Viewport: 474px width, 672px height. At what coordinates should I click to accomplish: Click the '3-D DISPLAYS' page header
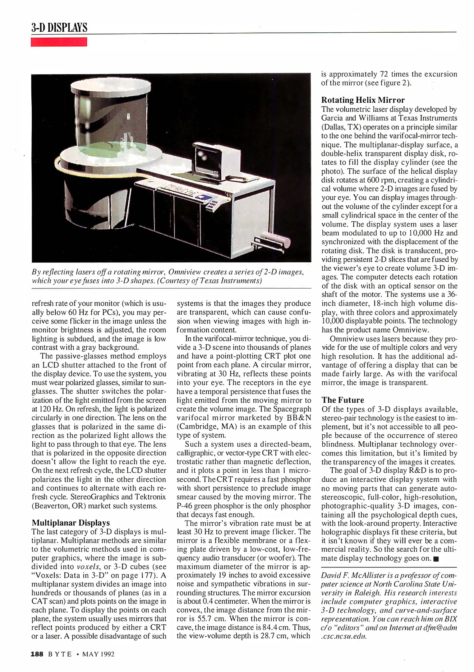tap(59, 28)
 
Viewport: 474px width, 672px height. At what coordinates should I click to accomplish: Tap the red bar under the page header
tap(59, 42)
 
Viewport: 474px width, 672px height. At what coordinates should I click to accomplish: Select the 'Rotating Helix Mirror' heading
tap(363, 100)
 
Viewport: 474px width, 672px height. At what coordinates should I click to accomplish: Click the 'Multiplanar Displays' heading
tap(71, 522)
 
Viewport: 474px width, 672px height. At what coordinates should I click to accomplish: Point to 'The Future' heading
tap(343, 400)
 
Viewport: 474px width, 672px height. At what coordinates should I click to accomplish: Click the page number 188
tap(37, 654)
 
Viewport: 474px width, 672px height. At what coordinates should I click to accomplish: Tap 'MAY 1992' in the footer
tap(98, 654)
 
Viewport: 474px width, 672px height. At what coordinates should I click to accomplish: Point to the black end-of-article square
tap(435, 559)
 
